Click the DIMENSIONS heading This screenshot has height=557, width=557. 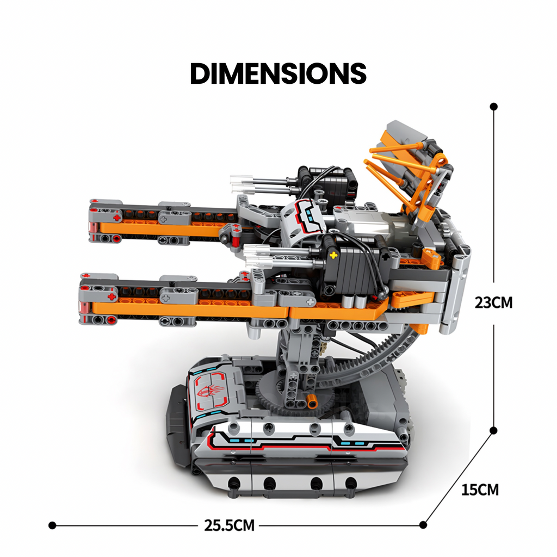(x=278, y=73)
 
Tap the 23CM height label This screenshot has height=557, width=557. (x=493, y=303)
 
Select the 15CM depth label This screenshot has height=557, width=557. (x=480, y=490)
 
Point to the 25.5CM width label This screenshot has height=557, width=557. (x=230, y=525)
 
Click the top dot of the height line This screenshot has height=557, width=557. (x=493, y=106)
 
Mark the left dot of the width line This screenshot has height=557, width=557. (x=52, y=525)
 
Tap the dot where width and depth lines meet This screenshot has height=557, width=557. (x=423, y=525)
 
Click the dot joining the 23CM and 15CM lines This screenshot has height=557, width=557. (x=493, y=431)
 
